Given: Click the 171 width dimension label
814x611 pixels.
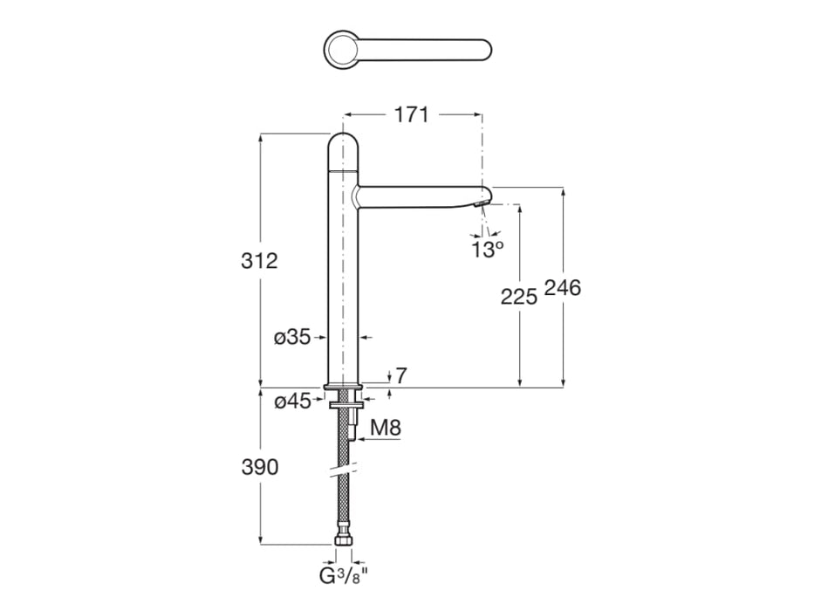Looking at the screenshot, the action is point(412,115).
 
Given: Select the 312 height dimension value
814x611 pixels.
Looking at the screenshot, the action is point(259,260).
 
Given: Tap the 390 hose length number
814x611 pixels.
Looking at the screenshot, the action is point(260,467).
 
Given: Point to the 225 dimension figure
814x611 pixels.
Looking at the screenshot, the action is point(518,297).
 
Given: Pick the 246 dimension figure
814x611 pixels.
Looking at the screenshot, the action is point(562,287).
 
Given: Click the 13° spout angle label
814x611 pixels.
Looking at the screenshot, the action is point(487,250).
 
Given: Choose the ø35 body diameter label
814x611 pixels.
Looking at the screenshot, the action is point(292,338).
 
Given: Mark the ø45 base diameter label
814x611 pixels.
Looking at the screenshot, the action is point(292,402).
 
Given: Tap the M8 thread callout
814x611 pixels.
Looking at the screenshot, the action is point(386,428).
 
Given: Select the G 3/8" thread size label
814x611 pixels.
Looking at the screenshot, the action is point(343,576).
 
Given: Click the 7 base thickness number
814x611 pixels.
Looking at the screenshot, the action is point(401,375).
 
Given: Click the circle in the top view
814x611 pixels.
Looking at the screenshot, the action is point(340,50).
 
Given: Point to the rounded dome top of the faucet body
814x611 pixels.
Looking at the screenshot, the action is point(343,151).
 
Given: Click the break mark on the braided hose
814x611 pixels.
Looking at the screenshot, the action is point(343,469).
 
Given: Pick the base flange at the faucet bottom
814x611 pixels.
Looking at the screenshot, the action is point(343,386).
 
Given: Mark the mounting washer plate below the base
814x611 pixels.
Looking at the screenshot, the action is point(343,403).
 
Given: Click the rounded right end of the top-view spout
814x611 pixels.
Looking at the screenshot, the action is point(482,50).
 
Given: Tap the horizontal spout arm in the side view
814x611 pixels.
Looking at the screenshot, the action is point(421,197).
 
